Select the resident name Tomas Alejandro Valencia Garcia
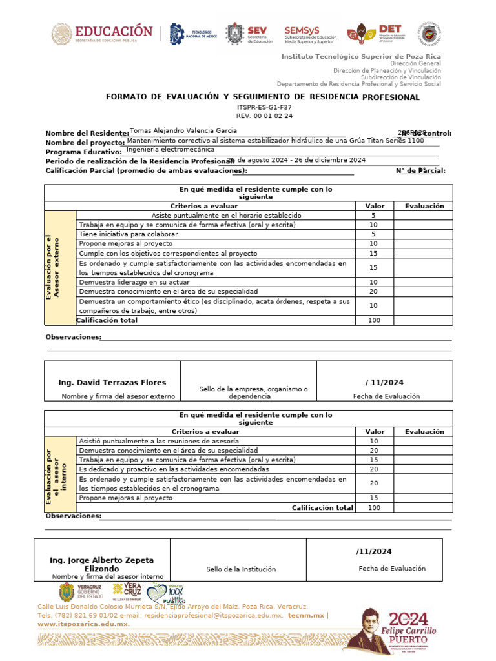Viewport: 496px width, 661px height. pyautogui.click(x=183, y=130)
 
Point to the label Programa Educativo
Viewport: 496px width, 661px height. pyautogui.click(x=83, y=152)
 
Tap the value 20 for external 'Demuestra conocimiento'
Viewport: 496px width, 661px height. pyautogui.click(x=373, y=292)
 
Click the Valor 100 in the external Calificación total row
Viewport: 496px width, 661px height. pyautogui.click(x=374, y=320)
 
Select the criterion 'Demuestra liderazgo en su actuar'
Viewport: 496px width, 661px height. pyautogui.click(x=134, y=282)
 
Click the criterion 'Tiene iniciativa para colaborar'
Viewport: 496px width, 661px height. pyautogui.click(x=128, y=234)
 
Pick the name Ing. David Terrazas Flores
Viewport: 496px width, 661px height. pyautogui.click(x=112, y=383)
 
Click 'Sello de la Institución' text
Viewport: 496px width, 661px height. pyautogui.click(x=241, y=569)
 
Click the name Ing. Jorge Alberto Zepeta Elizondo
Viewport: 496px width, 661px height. pyautogui.click(x=102, y=564)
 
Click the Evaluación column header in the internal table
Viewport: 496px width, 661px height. pyautogui.click(x=424, y=431)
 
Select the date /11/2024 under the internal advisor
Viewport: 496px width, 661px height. pyautogui.click(x=374, y=552)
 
